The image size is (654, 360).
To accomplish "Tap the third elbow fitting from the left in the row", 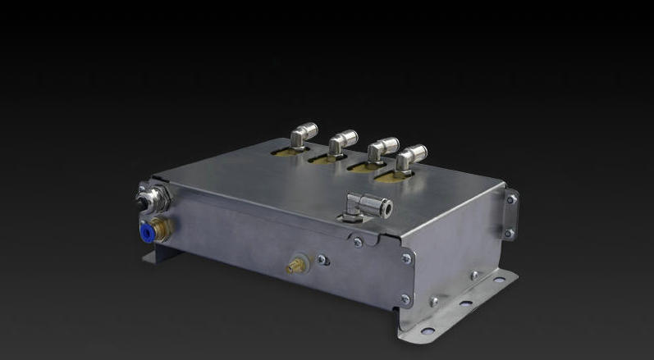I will pos(382,150).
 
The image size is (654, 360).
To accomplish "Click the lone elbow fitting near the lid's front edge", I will pos(362,203).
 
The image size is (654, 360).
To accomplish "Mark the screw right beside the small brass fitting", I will pos(322,260).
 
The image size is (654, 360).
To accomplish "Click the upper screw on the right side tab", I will pos(511,199).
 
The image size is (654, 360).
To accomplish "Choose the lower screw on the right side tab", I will pos(509,234).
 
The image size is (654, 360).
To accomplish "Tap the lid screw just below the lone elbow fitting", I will pos(357,241).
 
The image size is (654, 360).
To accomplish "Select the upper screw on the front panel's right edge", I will pos(405,258).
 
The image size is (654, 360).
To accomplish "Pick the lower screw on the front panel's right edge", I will pos(404,299).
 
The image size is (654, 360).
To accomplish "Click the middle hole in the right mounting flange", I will pos(465,303).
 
